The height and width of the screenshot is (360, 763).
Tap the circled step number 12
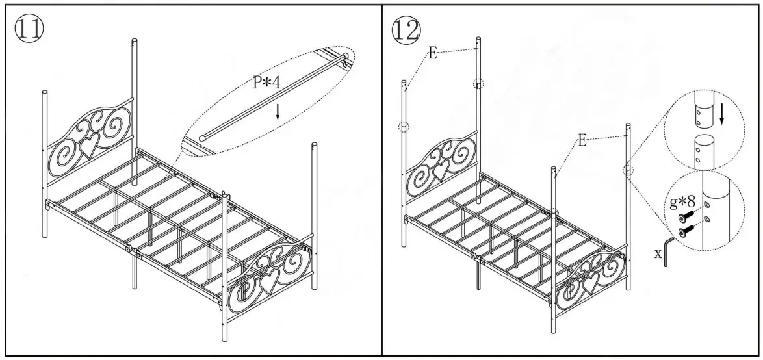406,29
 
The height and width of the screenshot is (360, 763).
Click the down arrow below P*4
278,111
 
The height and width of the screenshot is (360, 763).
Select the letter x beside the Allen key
658,253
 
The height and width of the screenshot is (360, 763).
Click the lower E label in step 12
582,141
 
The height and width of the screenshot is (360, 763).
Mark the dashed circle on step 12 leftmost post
404,127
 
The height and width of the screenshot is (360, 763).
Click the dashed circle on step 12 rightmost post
628,170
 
